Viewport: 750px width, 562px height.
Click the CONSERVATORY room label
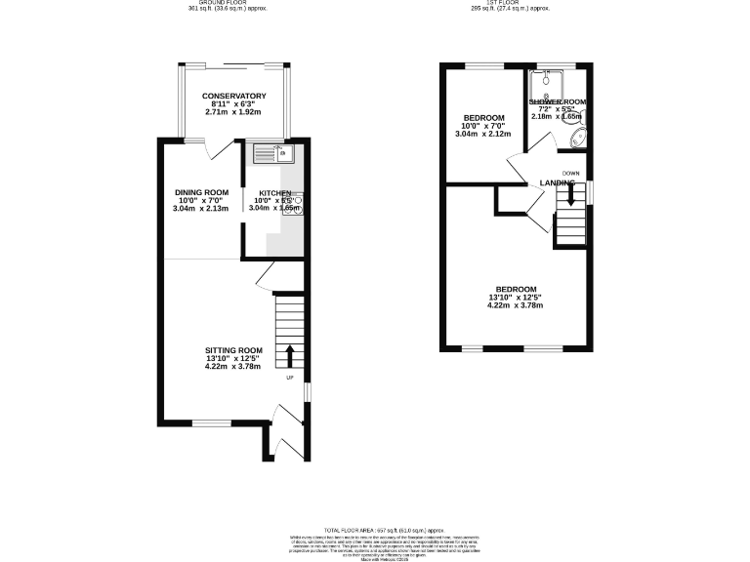[233, 96]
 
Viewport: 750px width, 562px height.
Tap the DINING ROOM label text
[201, 192]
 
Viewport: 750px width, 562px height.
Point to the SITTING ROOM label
[233, 350]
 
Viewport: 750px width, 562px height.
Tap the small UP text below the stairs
[290, 379]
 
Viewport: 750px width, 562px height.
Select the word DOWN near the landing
[571, 173]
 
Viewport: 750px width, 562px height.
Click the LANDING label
[557, 183]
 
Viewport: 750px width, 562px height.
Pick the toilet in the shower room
[577, 138]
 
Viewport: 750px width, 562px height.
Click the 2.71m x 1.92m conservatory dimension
[233, 112]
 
